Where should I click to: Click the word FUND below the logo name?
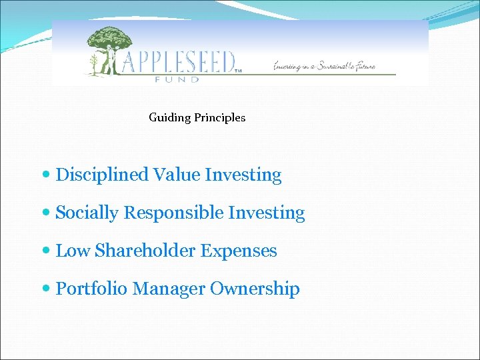pyautogui.click(x=177, y=79)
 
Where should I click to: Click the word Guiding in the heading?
pyautogui.click(x=170, y=118)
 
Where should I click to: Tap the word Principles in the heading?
pyautogui.click(x=220, y=118)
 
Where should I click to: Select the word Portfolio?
pyautogui.click(x=91, y=289)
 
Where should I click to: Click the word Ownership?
pyautogui.click(x=255, y=289)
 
